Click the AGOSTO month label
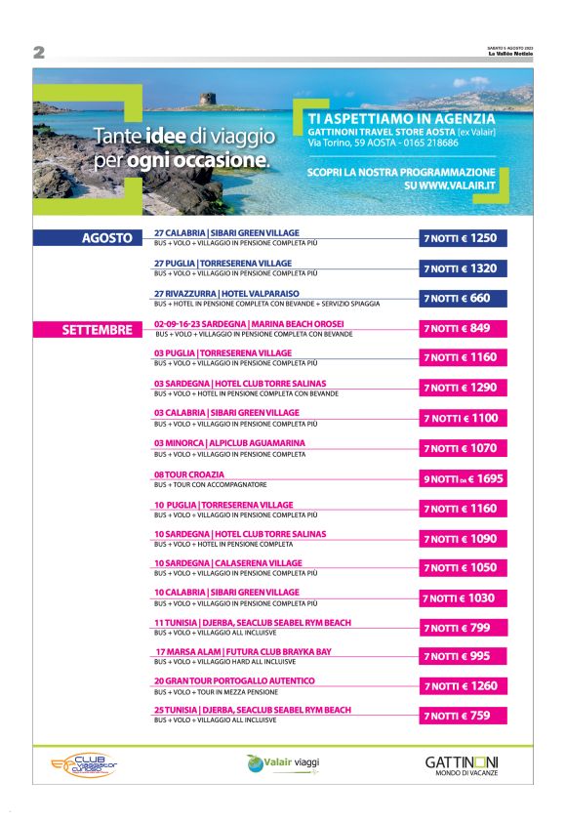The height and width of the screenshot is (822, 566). coord(106,238)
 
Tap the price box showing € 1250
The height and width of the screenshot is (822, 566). coord(464,238)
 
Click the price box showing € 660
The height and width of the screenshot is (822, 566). coord(464,299)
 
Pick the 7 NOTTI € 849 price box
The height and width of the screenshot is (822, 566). coord(464,328)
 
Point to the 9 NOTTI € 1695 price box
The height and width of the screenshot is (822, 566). coord(464,478)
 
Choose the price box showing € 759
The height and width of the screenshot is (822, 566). coord(464,716)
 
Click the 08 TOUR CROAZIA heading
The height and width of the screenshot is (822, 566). coord(182,474)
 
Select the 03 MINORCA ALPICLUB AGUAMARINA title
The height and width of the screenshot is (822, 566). coord(229,443)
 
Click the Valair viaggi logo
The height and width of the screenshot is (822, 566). coord(283,762)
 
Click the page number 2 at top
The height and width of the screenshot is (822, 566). coord(40,51)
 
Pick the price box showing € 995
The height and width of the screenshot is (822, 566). coord(464,656)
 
